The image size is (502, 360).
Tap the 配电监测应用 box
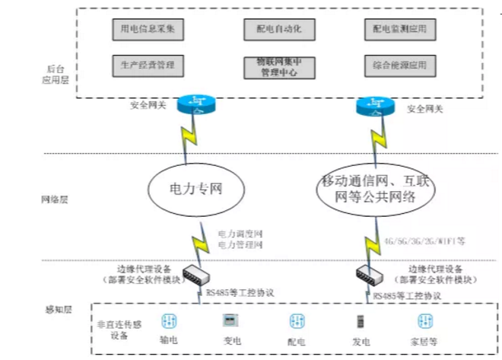400,29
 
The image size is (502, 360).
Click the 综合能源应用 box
400,65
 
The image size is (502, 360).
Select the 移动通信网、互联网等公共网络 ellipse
376,187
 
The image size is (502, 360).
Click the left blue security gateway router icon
197,104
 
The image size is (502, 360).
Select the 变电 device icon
226,320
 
